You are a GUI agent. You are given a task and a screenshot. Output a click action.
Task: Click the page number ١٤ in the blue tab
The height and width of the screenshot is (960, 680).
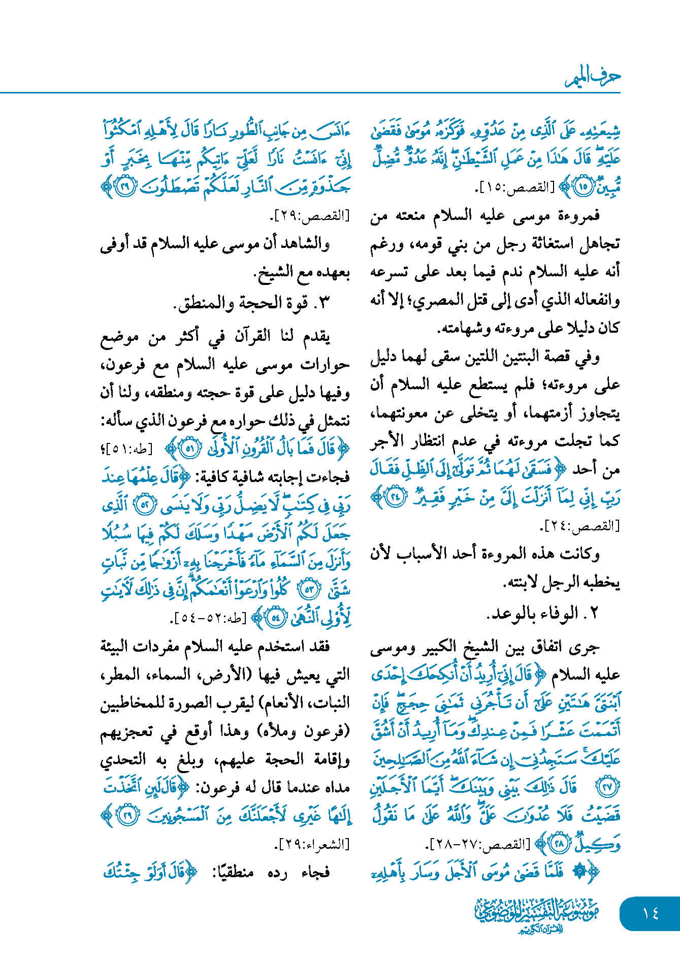(651, 913)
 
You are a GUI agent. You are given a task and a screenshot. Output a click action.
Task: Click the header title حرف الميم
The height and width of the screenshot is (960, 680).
(593, 77)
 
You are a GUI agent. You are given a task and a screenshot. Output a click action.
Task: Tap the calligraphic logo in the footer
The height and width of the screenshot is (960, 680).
(536, 915)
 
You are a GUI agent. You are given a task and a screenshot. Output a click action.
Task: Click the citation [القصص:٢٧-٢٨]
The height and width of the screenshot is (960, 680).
(479, 844)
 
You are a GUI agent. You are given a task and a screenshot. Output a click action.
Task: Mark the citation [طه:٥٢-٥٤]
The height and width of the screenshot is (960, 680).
(209, 618)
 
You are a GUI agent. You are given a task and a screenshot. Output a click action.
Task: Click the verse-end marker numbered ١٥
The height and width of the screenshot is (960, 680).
(583, 187)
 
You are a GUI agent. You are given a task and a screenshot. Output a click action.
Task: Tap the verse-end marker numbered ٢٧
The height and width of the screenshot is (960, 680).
(608, 786)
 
